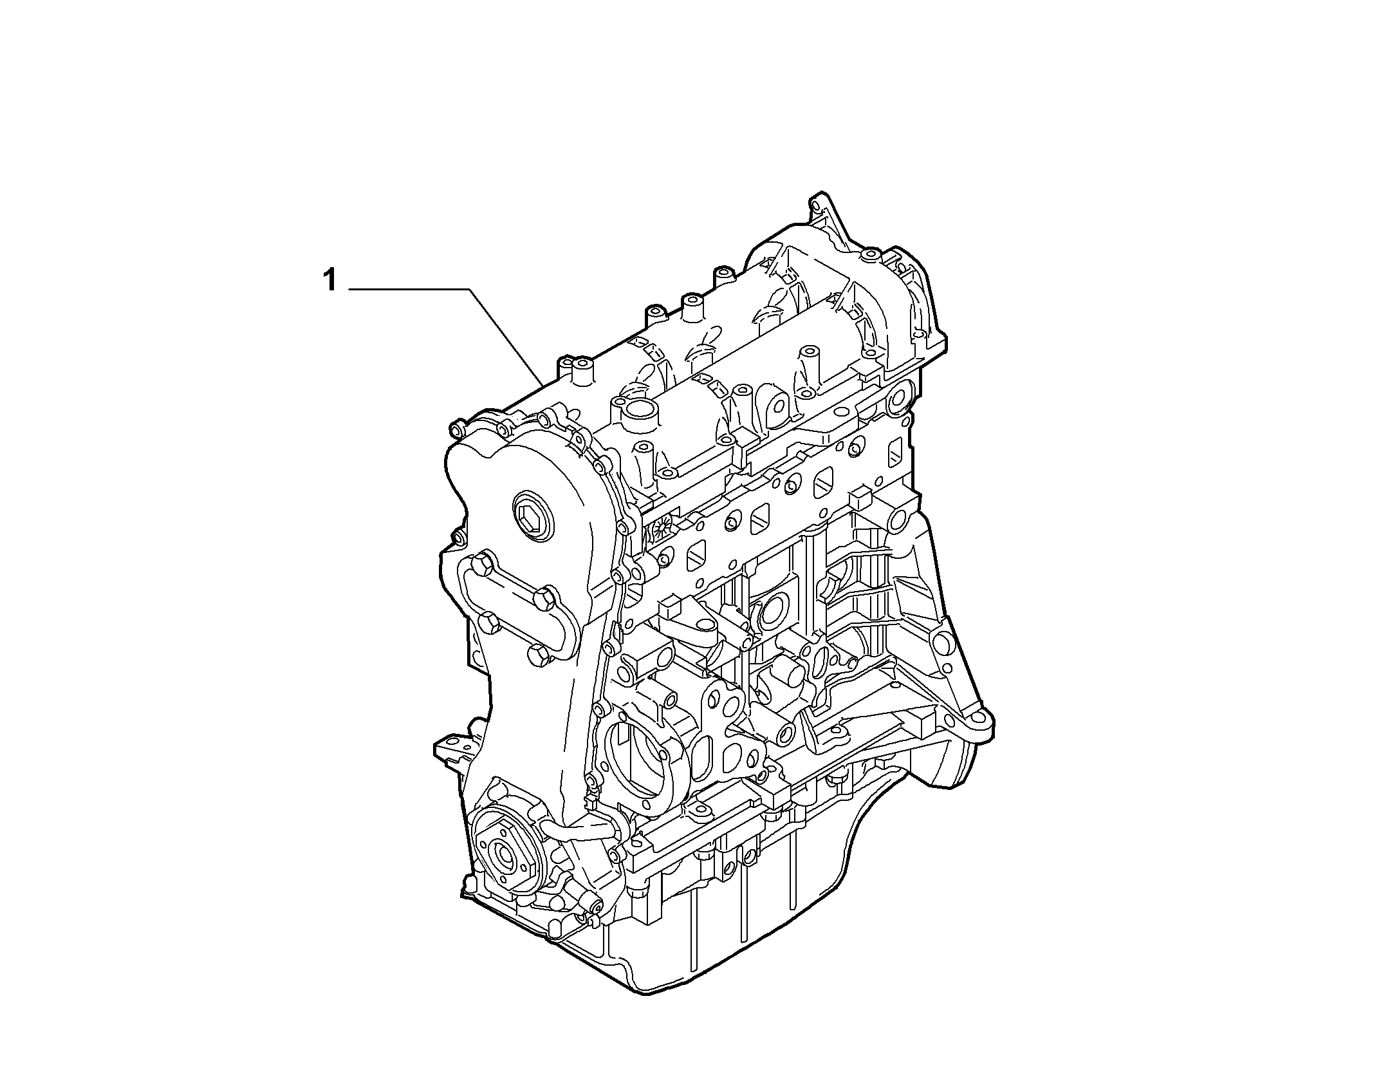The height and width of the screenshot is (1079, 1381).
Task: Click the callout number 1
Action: click(329, 281)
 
